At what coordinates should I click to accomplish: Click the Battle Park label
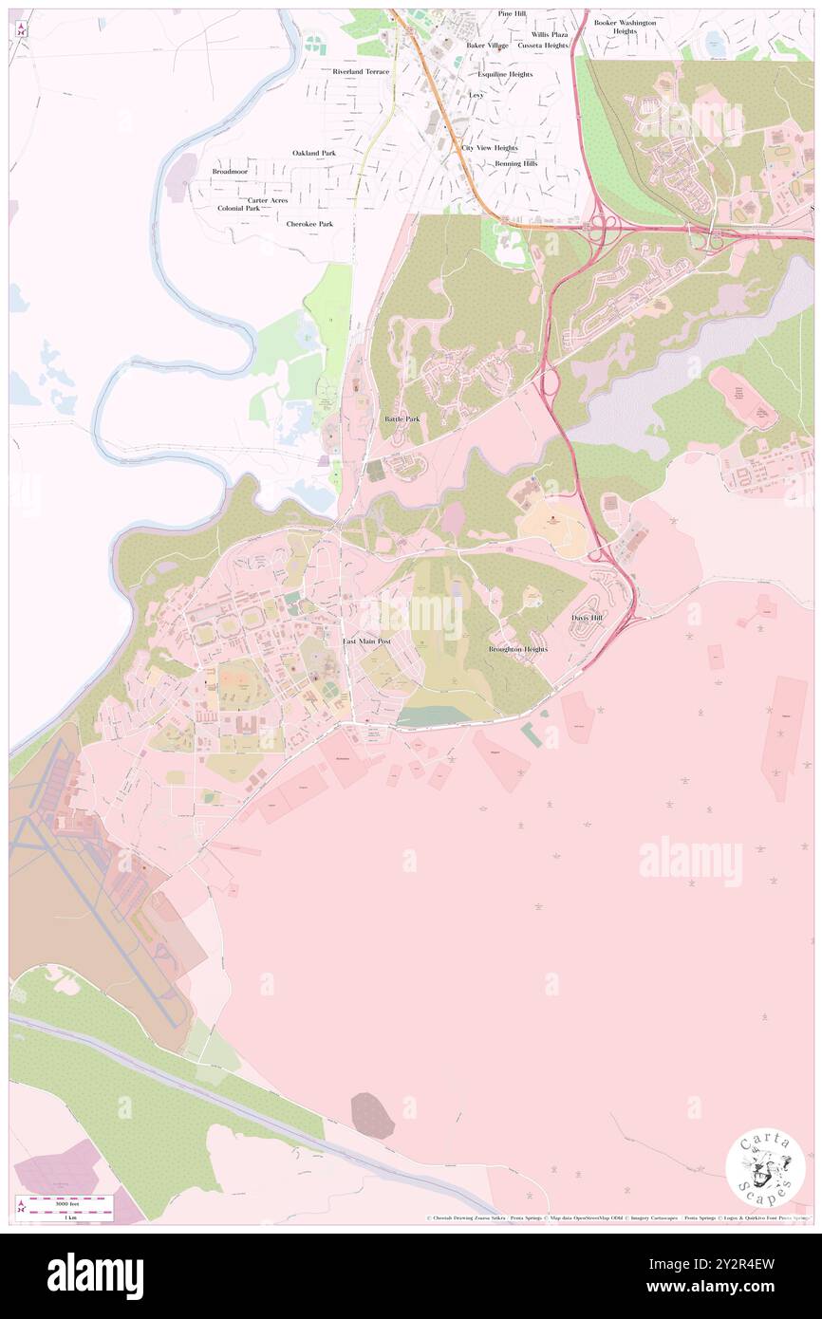point(402,418)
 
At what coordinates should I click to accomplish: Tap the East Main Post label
point(366,642)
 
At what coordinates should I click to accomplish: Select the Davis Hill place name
point(587,618)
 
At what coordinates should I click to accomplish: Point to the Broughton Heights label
point(517,649)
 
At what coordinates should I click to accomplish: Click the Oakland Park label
point(313,153)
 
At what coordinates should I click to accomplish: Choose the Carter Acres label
point(268,200)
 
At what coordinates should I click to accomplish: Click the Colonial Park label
point(238,208)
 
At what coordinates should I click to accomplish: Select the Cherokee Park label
point(309,224)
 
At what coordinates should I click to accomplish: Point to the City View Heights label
point(489,148)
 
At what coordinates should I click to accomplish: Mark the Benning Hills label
point(515,163)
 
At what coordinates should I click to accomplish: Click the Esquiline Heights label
point(505,74)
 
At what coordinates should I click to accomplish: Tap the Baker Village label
point(487,45)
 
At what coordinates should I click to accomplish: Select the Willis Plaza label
point(549,34)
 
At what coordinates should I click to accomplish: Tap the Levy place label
point(476,96)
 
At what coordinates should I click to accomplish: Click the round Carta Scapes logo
point(765,1166)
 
